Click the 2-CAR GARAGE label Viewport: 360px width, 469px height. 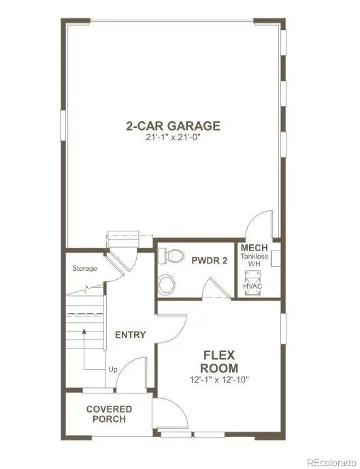(x=173, y=126)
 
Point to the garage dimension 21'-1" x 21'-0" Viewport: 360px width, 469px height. (x=173, y=138)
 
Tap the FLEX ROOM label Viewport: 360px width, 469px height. (x=219, y=361)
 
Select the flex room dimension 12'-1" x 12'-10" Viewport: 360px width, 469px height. (x=219, y=380)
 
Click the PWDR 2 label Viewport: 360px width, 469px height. (x=210, y=261)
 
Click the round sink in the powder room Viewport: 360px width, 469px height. (x=167, y=285)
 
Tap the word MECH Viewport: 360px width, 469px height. (x=254, y=248)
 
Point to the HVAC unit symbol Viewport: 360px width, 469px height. (x=252, y=283)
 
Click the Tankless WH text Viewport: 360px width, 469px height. (x=255, y=260)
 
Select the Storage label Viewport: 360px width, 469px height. (x=84, y=269)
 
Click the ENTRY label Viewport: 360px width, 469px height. (x=131, y=335)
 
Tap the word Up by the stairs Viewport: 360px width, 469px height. (x=113, y=370)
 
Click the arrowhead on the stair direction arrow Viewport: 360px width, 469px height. (x=84, y=331)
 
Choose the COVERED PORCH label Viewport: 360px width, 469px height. (x=109, y=414)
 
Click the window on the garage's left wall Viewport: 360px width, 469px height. (x=63, y=125)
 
